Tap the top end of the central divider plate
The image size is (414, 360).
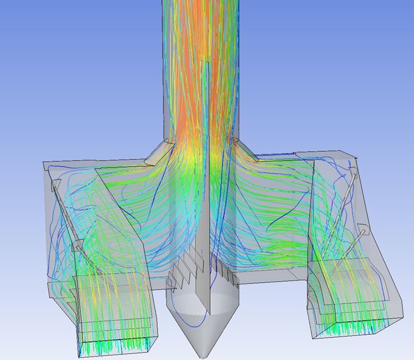[206, 59]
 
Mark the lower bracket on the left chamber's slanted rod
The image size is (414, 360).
[76, 246]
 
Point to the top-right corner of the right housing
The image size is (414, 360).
[355, 156]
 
